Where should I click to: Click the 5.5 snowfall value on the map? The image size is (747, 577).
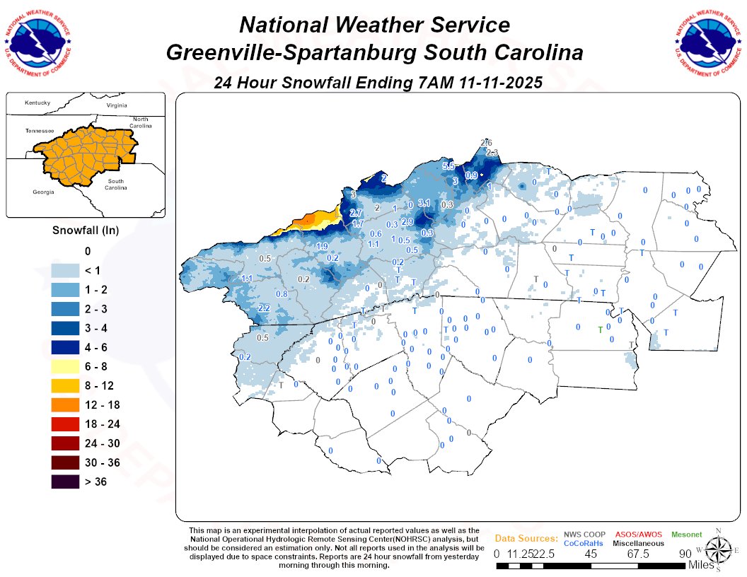(448, 166)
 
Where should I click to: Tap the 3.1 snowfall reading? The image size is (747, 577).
(424, 203)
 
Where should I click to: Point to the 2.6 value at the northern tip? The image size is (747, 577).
(486, 143)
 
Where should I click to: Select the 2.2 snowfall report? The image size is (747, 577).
(265, 308)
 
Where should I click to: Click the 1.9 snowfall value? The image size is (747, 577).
(322, 246)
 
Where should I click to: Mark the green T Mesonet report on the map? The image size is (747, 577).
(601, 330)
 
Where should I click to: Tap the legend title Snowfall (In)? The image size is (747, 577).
(86, 231)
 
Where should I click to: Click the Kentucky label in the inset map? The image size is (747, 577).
(37, 103)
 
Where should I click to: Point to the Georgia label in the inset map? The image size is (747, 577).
(43, 192)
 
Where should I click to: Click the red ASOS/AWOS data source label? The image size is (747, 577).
(639, 534)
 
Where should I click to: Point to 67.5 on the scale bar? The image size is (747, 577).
(638, 554)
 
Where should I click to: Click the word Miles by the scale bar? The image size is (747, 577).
(702, 565)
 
